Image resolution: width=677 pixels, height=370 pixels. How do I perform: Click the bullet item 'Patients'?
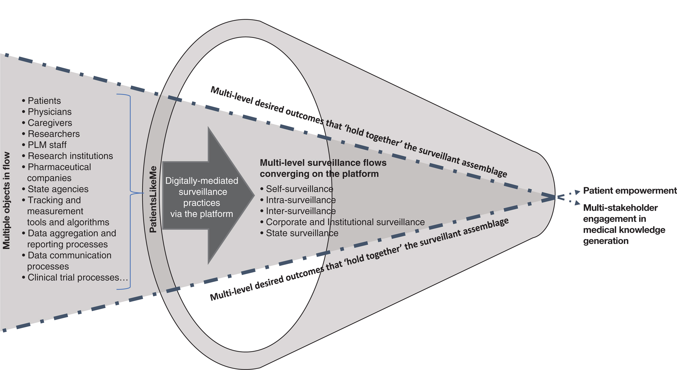[44, 101]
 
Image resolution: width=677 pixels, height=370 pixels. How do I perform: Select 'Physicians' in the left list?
[49, 112]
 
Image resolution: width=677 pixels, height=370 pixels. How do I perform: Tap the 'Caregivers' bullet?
[50, 123]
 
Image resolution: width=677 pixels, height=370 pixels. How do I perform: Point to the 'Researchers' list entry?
[54, 134]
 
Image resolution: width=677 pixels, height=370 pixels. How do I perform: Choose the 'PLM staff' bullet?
[47, 145]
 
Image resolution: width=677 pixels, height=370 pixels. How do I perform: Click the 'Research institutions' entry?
[70, 156]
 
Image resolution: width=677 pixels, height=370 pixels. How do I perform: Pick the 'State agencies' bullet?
[58, 189]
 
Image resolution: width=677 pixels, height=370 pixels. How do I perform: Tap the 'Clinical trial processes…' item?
[77, 277]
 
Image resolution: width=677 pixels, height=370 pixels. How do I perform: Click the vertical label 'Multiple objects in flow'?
[6, 201]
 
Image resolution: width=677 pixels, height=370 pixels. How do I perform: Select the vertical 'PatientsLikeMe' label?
[153, 199]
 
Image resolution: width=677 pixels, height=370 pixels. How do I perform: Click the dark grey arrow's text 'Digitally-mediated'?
[202, 181]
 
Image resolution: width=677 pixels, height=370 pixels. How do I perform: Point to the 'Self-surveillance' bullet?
[299, 189]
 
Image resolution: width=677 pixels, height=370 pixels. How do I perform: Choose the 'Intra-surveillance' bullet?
[301, 200]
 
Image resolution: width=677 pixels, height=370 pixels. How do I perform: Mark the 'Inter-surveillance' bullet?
[301, 211]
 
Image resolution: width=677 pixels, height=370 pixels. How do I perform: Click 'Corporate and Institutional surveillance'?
[345, 222]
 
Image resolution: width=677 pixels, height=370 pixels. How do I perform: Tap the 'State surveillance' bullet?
[302, 233]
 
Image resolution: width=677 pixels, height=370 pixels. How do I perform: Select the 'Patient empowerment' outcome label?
[630, 191]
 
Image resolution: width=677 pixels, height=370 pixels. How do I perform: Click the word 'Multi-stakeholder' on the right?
[620, 208]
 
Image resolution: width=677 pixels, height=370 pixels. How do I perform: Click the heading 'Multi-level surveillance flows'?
[323, 163]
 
